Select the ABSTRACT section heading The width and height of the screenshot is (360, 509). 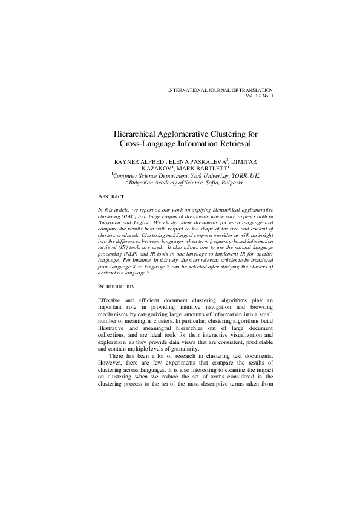point(111,197)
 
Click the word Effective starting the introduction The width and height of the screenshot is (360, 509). point(110,300)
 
